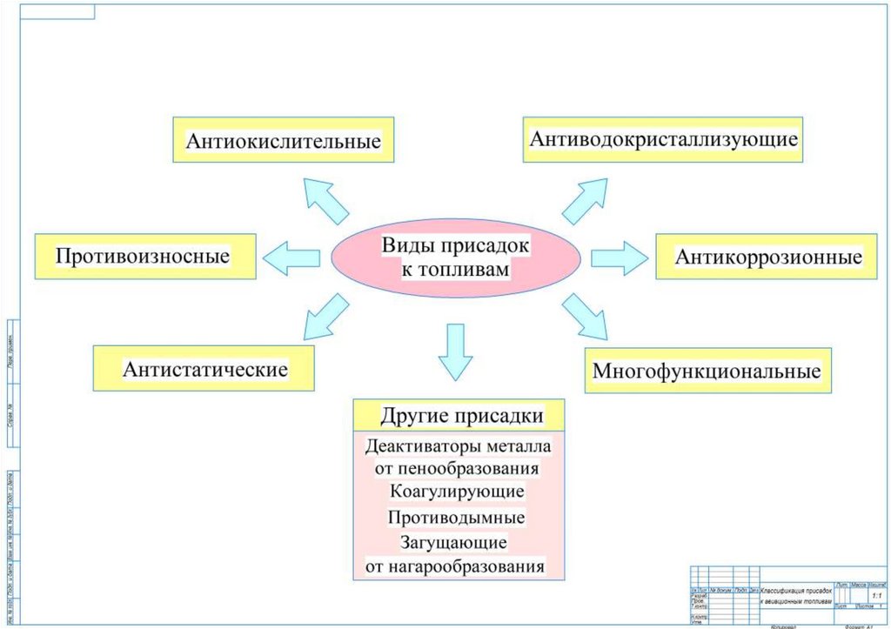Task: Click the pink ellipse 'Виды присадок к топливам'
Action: click(x=456, y=258)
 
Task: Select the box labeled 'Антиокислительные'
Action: click(x=283, y=139)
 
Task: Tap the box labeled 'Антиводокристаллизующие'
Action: click(x=664, y=138)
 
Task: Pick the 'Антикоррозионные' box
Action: click(x=768, y=257)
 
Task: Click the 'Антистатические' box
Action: click(x=204, y=368)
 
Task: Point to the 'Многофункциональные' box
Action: click(x=707, y=371)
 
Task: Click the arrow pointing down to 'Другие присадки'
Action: click(x=455, y=350)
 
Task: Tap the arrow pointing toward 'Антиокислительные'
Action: click(x=325, y=201)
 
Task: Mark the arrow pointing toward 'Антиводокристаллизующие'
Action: click(x=585, y=202)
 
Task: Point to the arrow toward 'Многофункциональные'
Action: click(x=585, y=316)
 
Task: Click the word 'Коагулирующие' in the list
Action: click(x=458, y=492)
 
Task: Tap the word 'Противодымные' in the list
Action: click(x=458, y=517)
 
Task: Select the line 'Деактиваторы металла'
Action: click(x=459, y=446)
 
